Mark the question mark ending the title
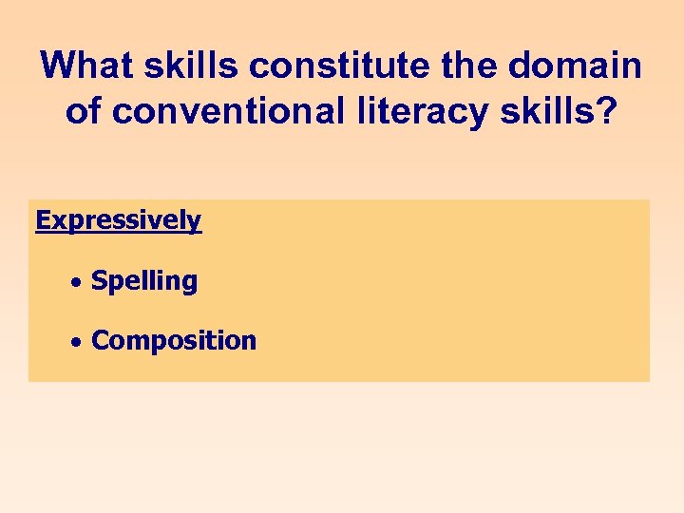(x=609, y=110)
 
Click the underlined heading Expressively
(x=119, y=221)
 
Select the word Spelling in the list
(x=144, y=281)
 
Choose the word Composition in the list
(x=174, y=341)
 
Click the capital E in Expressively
(x=43, y=220)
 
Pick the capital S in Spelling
(x=98, y=280)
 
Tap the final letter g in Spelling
(x=190, y=284)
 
